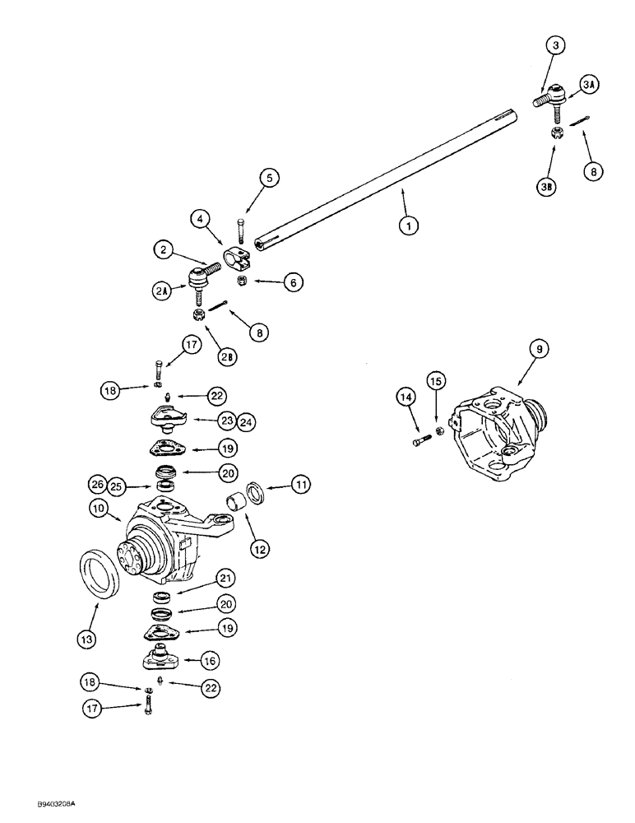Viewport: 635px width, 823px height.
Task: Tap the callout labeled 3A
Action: click(591, 84)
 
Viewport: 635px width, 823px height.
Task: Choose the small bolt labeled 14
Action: click(418, 443)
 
